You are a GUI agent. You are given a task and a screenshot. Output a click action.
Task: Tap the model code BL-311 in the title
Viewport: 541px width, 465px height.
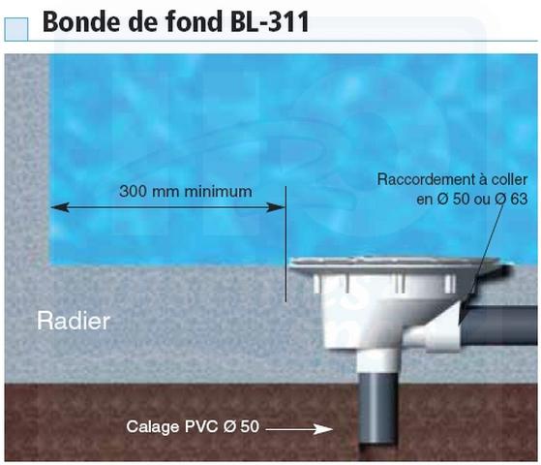[270, 21]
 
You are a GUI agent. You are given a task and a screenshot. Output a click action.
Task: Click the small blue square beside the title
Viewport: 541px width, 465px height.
[16, 29]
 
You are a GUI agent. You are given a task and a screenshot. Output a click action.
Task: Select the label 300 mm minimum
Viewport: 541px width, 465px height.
[186, 192]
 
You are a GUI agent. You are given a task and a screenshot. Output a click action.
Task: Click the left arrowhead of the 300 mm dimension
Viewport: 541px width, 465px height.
[59, 207]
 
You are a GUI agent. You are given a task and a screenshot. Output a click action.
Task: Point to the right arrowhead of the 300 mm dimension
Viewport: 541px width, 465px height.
[276, 207]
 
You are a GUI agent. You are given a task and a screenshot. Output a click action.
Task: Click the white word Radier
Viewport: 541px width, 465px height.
[74, 321]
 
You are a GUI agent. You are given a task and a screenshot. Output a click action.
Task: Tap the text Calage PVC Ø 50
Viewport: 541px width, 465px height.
[193, 426]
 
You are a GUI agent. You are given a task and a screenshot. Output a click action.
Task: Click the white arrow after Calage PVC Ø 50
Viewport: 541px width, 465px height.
[299, 429]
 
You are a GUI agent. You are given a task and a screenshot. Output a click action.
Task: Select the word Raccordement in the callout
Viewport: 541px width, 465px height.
[425, 179]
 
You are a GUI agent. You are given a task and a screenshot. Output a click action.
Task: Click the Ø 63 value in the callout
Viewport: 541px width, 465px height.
[511, 199]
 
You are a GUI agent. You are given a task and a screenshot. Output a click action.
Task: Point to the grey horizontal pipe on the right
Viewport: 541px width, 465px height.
[499, 325]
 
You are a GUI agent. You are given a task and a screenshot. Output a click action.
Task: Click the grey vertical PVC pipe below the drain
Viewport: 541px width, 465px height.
[377, 410]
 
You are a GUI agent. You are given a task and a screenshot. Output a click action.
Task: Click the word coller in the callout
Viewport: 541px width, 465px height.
[509, 179]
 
